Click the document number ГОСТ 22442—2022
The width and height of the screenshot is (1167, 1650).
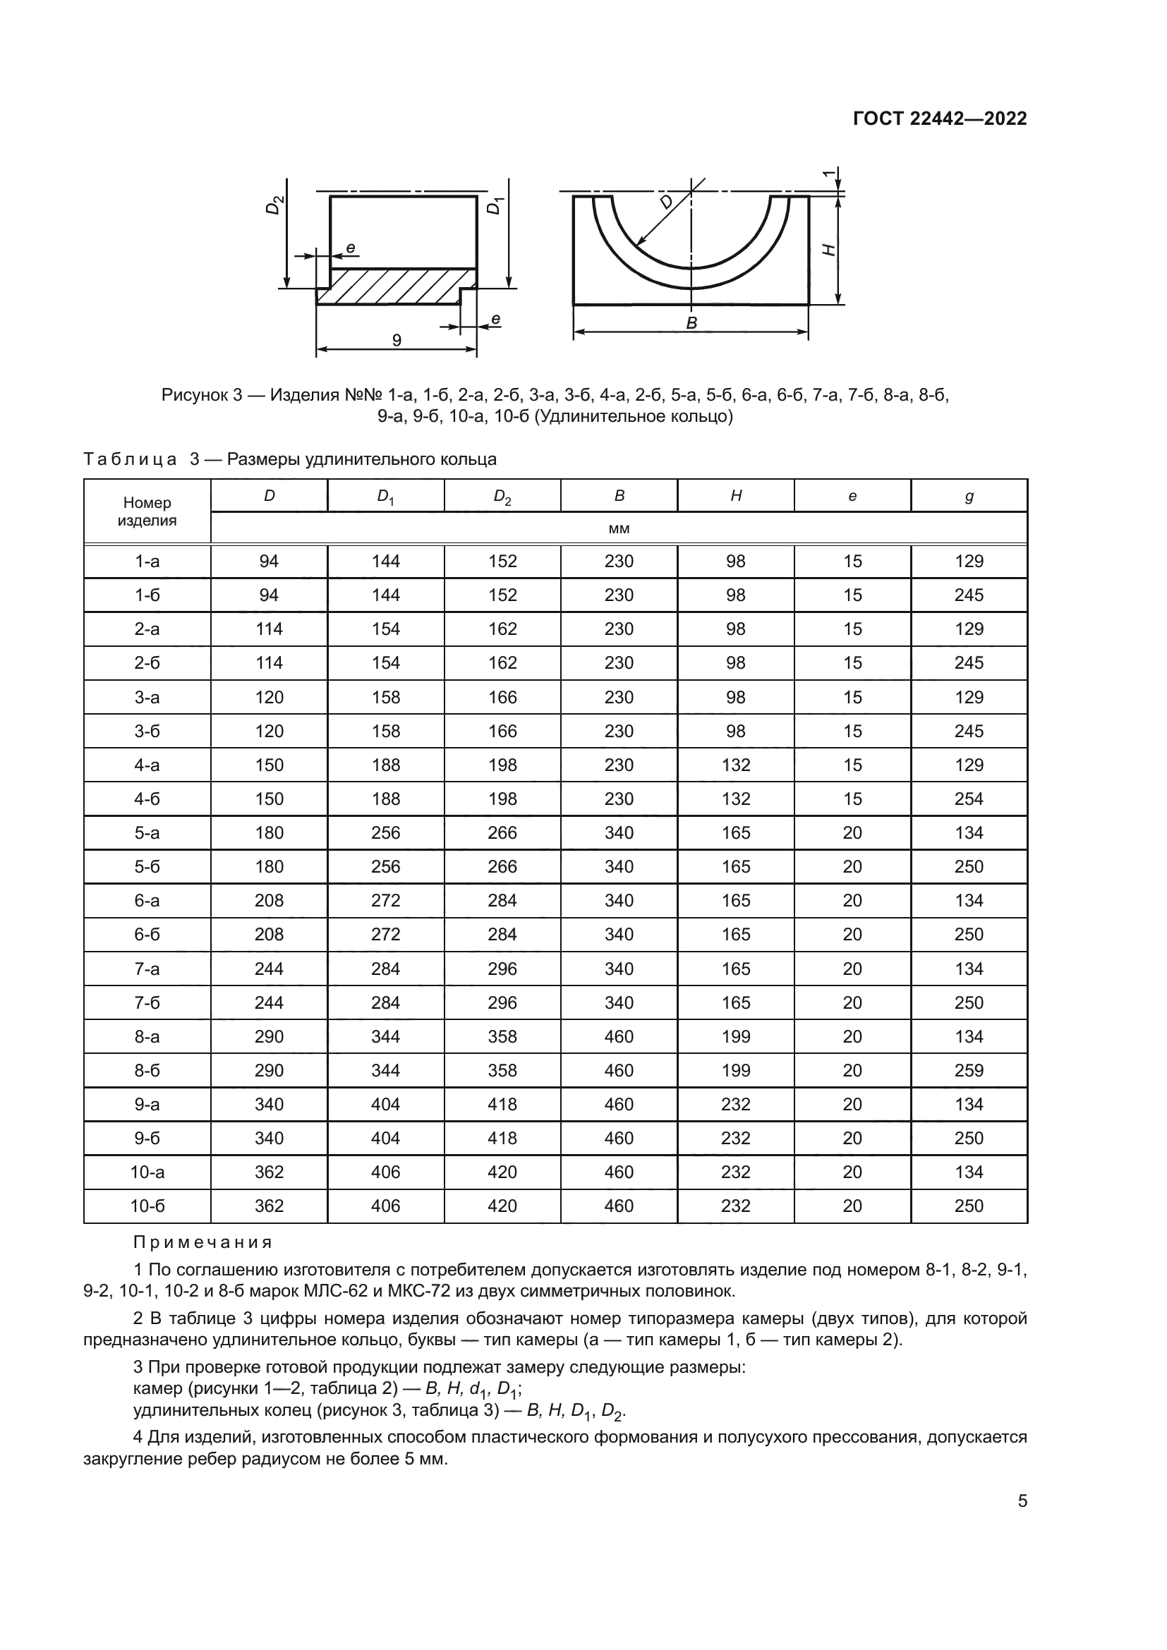pos(939,119)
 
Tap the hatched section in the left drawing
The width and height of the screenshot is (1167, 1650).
pos(395,285)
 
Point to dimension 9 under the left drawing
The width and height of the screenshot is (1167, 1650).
pos(397,340)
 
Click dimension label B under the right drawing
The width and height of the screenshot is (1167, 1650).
pos(691,323)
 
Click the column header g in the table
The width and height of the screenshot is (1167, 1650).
pos(969,496)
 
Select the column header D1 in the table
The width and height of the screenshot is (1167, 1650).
pos(386,497)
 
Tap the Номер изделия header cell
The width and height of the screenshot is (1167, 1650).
pos(147,511)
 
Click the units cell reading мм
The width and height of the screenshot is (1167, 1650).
pos(619,529)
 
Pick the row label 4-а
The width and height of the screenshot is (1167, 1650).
pos(147,765)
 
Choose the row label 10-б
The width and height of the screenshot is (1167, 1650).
pos(147,1206)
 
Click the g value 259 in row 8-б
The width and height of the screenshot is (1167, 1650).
pos(969,1070)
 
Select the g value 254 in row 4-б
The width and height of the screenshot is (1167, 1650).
pos(969,799)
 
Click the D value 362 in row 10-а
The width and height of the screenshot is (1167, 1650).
pos(269,1172)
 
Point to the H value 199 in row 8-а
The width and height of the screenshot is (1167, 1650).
pos(736,1036)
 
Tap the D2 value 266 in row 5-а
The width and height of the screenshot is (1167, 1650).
pos(502,832)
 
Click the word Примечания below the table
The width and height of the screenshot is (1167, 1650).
pos(202,1242)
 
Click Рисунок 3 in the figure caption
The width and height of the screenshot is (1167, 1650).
pos(201,395)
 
